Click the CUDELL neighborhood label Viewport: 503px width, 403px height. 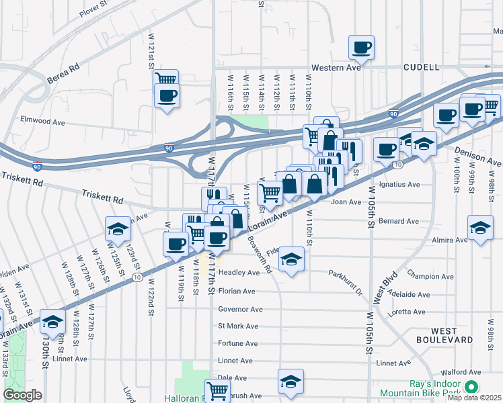pyautogui.click(x=421, y=67)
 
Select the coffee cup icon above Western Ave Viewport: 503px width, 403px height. pyautogui.click(x=361, y=47)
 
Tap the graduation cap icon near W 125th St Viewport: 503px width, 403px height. pyautogui.click(x=117, y=229)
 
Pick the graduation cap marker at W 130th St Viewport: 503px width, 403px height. pyautogui.click(x=52, y=321)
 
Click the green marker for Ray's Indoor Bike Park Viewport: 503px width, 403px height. pyautogui.click(x=471, y=386)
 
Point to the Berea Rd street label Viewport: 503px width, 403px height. pyautogui.click(x=64, y=74)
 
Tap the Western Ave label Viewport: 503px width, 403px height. pyautogui.click(x=336, y=68)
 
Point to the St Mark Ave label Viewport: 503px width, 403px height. pyautogui.click(x=237, y=326)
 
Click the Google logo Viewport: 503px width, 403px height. pyautogui.click(x=22, y=395)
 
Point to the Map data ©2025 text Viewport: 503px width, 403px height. pyautogui.click(x=473, y=398)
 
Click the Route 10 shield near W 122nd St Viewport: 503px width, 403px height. pyautogui.click(x=137, y=277)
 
